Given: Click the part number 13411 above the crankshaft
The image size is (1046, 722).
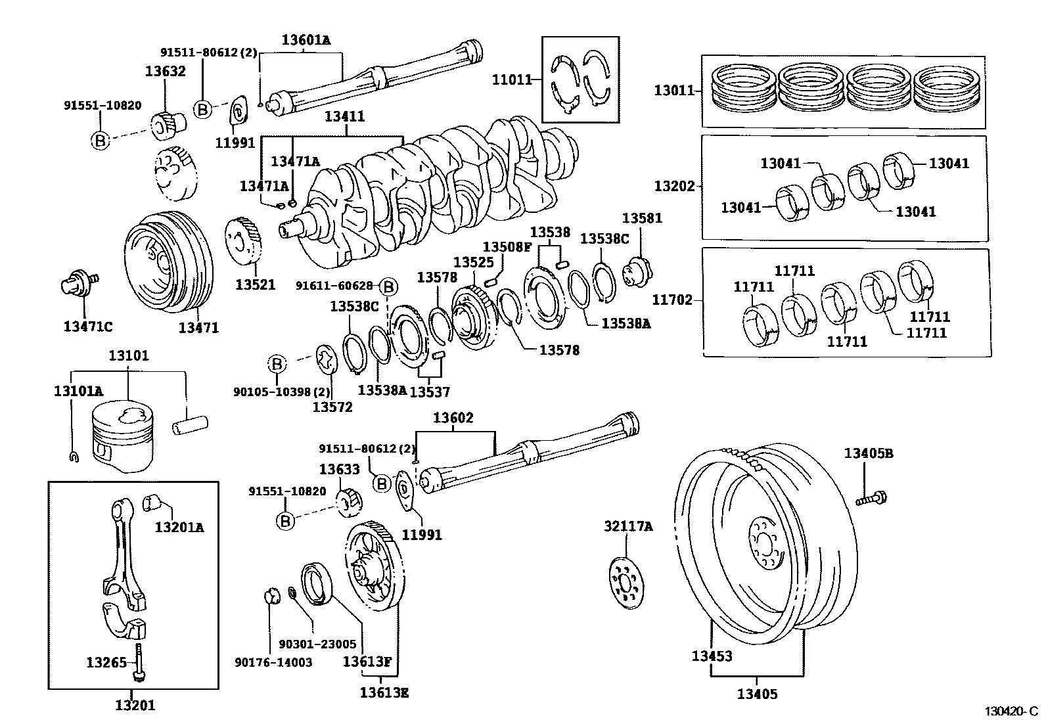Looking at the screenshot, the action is (x=345, y=116).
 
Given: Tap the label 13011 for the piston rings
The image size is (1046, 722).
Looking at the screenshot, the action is (x=674, y=90).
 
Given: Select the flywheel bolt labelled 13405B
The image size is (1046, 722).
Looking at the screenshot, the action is (x=871, y=499).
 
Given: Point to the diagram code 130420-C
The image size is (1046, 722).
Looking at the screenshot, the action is (x=1011, y=711).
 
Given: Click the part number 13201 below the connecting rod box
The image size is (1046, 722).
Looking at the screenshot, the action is (x=135, y=705).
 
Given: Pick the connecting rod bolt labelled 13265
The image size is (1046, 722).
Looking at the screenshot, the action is (x=139, y=662).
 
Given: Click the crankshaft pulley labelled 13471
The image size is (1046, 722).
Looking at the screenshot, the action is (x=169, y=262).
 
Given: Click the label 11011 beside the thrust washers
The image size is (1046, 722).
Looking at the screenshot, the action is (x=512, y=80).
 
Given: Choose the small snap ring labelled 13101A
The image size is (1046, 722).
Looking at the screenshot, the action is (x=74, y=457).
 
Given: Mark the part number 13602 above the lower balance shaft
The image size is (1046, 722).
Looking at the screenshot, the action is (x=453, y=418).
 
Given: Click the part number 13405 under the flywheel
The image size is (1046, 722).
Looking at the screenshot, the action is (x=757, y=694).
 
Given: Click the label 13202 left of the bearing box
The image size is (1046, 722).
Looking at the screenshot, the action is (x=674, y=186).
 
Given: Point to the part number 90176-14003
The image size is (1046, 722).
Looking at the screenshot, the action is (x=273, y=662).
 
